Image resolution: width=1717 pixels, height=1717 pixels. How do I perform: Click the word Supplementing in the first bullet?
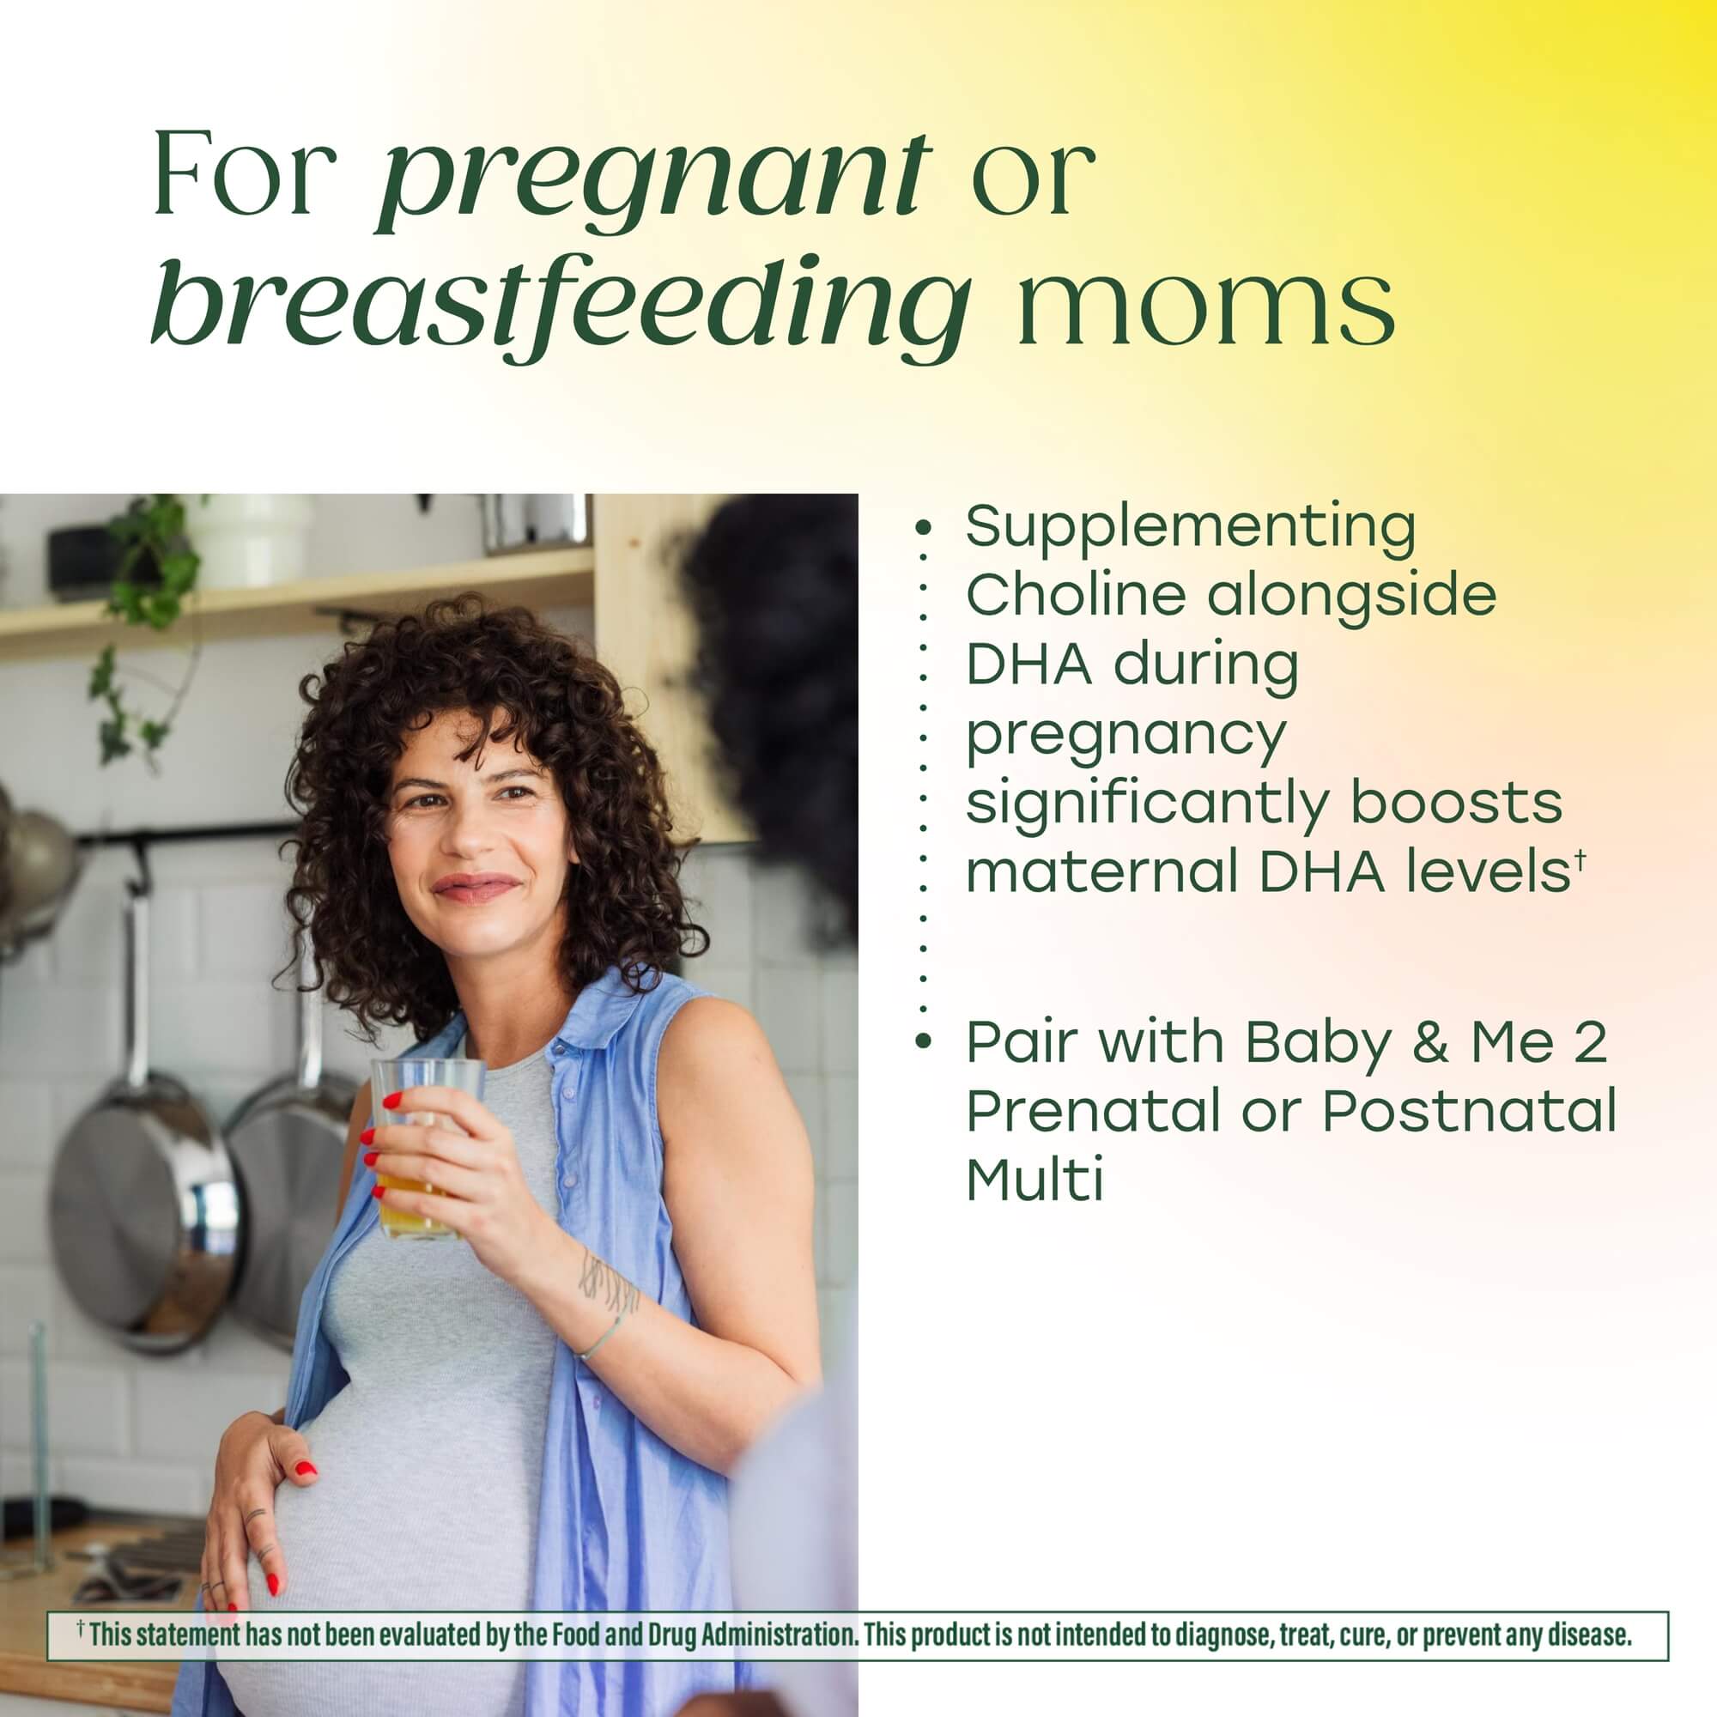tap(1190, 528)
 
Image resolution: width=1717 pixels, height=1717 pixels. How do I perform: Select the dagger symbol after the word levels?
tap(1580, 858)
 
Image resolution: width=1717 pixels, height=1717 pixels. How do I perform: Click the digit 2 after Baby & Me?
tap(1589, 1041)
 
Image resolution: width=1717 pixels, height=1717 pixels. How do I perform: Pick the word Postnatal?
tap(1469, 1111)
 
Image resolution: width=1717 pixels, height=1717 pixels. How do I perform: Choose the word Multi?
tap(1034, 1180)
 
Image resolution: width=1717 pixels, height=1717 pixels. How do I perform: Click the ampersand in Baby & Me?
tap(1429, 1041)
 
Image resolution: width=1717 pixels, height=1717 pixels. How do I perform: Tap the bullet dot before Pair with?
tap(924, 1040)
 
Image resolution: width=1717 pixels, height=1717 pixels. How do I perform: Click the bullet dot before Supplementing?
tap(924, 528)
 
